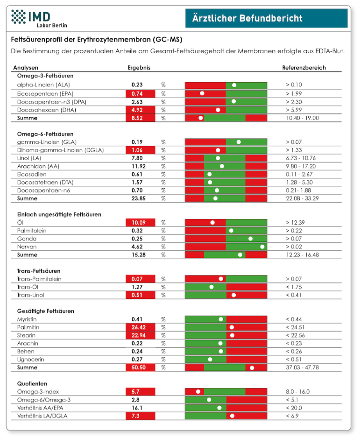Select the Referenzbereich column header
click(304, 68)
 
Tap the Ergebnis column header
click(139, 68)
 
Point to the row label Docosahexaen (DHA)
click(46, 110)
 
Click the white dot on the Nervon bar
click(262, 247)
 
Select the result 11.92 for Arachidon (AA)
click(139, 166)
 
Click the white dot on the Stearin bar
click(232, 335)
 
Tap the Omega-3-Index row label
click(38, 392)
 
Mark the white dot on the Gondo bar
click(251, 239)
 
